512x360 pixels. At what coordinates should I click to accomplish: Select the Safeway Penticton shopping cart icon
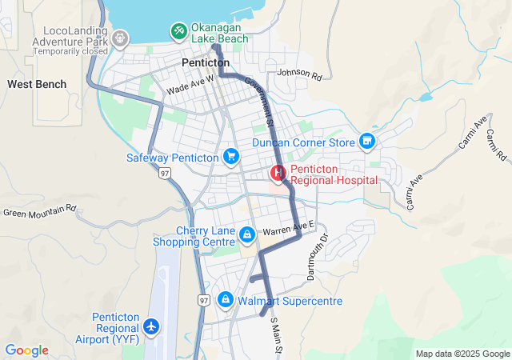[x=231, y=157]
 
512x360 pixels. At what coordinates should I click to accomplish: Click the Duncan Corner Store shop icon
[x=367, y=142]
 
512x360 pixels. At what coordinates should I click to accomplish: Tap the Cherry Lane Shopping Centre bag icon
[x=247, y=234]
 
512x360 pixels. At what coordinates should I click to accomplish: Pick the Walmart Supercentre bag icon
[x=226, y=300]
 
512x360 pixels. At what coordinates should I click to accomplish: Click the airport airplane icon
[x=151, y=326]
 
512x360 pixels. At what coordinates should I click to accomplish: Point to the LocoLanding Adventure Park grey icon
[x=121, y=38]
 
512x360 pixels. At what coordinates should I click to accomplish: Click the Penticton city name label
[x=206, y=62]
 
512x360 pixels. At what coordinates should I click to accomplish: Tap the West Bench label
[x=30, y=83]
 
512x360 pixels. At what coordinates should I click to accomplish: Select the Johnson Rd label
[x=298, y=75]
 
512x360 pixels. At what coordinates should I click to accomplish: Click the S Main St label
[x=276, y=335]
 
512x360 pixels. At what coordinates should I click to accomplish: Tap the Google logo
[x=26, y=350]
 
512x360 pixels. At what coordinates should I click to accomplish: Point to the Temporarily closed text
[x=70, y=50]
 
